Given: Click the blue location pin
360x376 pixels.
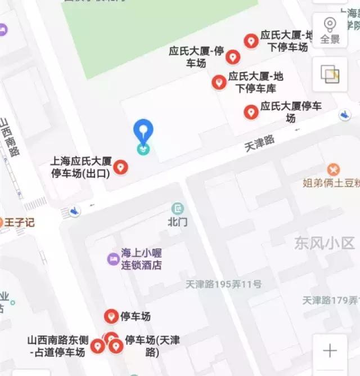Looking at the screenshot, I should tap(143, 132).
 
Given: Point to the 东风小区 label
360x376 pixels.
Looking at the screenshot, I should tap(325, 243).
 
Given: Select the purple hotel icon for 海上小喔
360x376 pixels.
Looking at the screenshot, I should tap(113, 259).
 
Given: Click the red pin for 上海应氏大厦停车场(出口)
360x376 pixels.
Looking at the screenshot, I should tap(120, 167).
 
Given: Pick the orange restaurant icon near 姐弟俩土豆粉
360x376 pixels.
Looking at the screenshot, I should tap(334, 169).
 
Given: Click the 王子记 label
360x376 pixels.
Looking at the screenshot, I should tap(20, 222).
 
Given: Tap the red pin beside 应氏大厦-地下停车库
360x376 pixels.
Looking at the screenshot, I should tap(219, 82).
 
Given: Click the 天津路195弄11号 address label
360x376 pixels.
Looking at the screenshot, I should tap(223, 285).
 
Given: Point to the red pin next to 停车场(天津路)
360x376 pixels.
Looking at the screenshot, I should tap(116, 346).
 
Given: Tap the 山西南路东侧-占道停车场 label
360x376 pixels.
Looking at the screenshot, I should tap(56, 346).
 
